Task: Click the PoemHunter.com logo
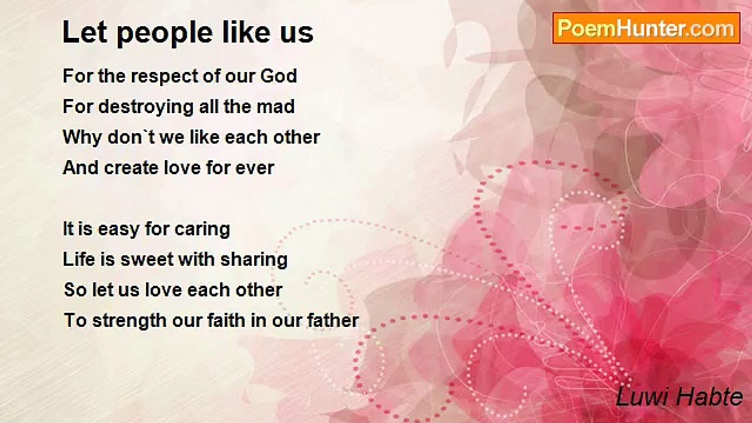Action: pyautogui.click(x=646, y=28)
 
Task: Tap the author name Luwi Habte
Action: pyautogui.click(x=679, y=398)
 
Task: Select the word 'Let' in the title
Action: pyautogui.click(x=79, y=33)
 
